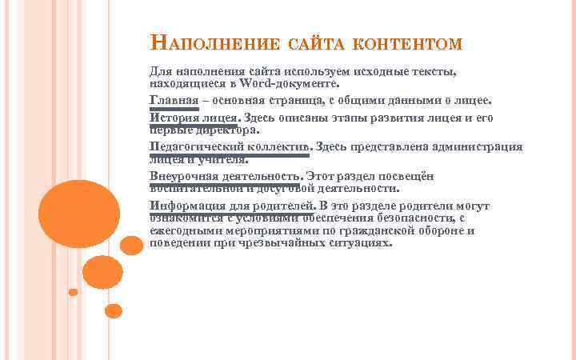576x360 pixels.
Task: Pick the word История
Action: point(173,118)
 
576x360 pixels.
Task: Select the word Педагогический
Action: point(192,146)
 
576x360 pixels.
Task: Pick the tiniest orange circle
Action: point(73,292)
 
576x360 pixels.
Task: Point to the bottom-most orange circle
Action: point(113,310)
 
